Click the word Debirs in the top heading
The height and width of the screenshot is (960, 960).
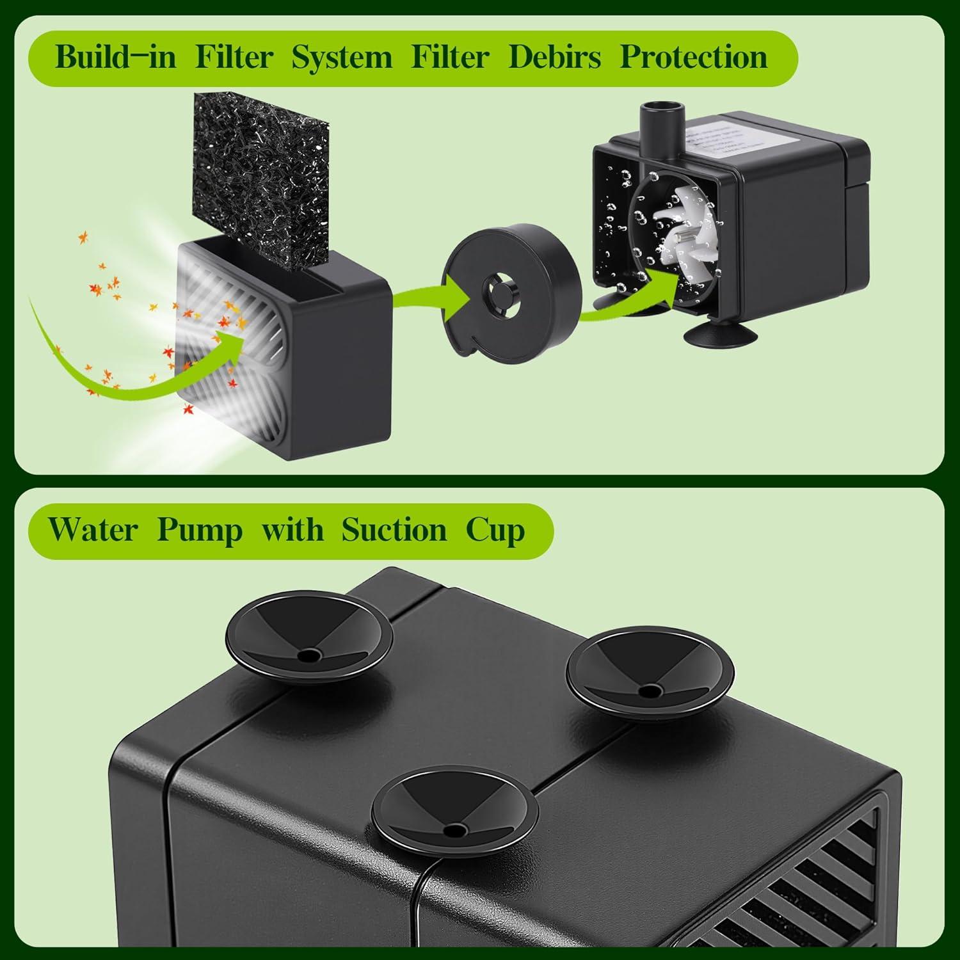pyautogui.click(x=554, y=57)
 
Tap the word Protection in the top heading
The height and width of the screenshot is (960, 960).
pyautogui.click(x=694, y=57)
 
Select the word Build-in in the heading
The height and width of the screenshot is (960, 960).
pyautogui.click(x=115, y=57)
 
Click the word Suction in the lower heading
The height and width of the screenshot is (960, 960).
pyautogui.click(x=394, y=530)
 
